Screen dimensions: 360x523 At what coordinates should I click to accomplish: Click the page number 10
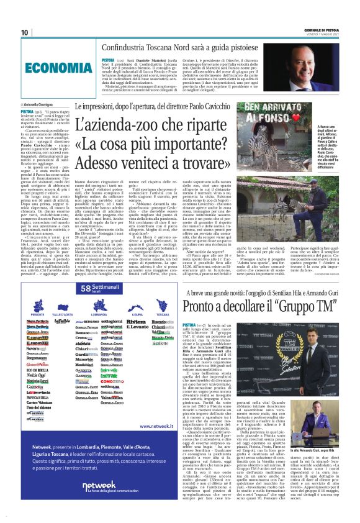pos(24,32)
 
